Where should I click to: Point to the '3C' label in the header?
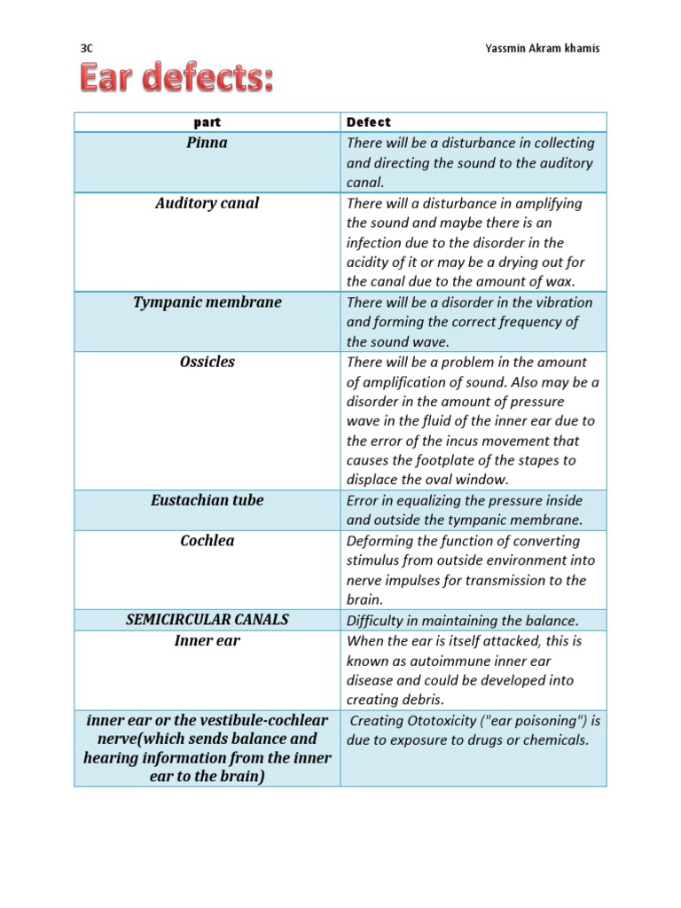pyautogui.click(x=87, y=49)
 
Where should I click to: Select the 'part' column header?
pyautogui.click(x=207, y=122)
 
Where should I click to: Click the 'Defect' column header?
pyautogui.click(x=368, y=122)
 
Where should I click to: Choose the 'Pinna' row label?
pyautogui.click(x=207, y=143)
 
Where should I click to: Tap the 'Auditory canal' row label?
pyautogui.click(x=207, y=203)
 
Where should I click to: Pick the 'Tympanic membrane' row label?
pyautogui.click(x=207, y=302)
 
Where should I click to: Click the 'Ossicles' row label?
pyautogui.click(x=207, y=362)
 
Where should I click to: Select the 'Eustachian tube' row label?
pyautogui.click(x=207, y=500)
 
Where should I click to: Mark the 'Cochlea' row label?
pyautogui.click(x=207, y=540)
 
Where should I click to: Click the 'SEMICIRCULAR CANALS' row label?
pyautogui.click(x=207, y=620)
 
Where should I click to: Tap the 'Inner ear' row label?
pyautogui.click(x=207, y=640)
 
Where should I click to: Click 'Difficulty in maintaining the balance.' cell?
pyautogui.click(x=462, y=620)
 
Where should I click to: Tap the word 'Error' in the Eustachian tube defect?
pyautogui.click(x=364, y=500)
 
